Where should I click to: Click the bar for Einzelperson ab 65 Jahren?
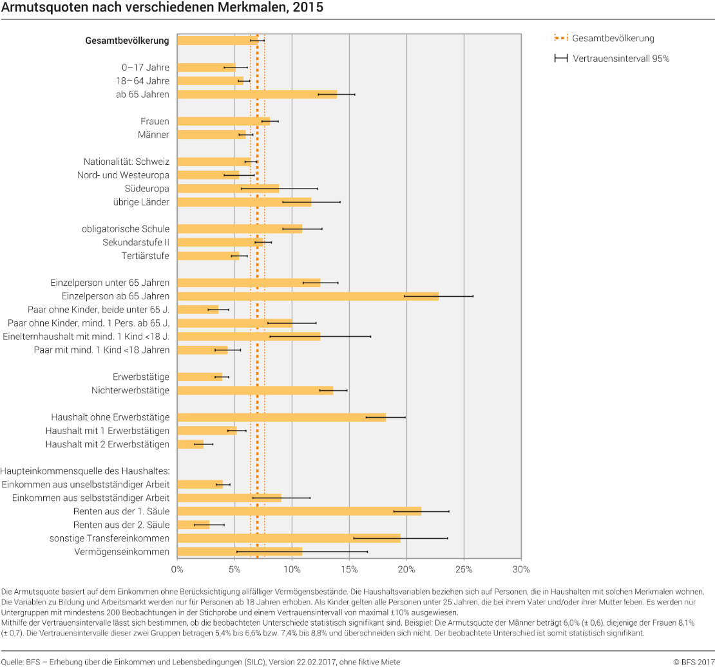(308, 296)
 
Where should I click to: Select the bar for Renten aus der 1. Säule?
(299, 512)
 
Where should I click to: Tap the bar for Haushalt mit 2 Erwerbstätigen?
(190, 444)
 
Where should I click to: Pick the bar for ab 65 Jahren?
(257, 95)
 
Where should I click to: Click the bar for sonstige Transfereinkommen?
(289, 538)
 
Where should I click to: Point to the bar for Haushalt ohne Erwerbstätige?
(281, 417)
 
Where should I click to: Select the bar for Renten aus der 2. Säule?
(193, 525)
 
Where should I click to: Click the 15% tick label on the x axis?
(349, 569)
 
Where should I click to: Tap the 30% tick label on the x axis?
(521, 569)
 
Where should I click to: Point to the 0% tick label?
(177, 569)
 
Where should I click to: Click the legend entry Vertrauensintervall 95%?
(611, 59)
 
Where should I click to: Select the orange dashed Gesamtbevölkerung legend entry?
(604, 38)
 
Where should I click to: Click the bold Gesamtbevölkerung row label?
(128, 41)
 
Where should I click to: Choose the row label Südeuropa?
(147, 189)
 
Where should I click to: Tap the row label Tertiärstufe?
(145, 256)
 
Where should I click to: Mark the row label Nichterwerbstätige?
(130, 390)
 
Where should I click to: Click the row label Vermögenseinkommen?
(122, 552)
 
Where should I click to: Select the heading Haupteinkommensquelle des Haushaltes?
(85, 471)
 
